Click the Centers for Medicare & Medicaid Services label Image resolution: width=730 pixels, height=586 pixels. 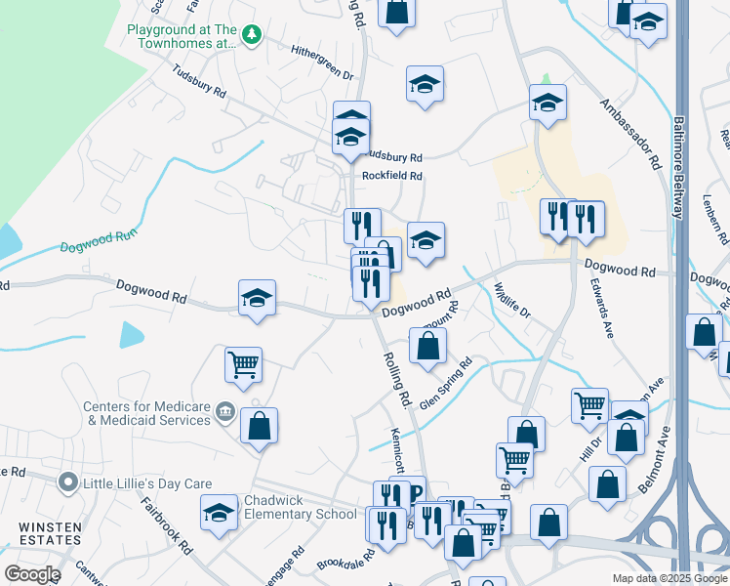(x=146, y=413)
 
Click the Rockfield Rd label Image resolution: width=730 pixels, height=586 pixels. (x=392, y=176)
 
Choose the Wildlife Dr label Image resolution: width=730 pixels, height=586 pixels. (x=511, y=301)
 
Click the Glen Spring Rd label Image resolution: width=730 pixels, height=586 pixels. (x=446, y=385)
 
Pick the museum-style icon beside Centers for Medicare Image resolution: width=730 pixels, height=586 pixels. (x=225, y=412)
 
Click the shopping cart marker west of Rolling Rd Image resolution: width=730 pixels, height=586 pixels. (x=242, y=365)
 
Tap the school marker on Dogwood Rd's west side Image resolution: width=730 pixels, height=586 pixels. (x=257, y=297)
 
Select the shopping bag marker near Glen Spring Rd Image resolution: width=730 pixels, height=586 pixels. (x=427, y=345)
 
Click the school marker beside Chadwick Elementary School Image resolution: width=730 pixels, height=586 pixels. (x=219, y=512)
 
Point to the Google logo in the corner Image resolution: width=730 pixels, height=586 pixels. (x=31, y=574)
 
